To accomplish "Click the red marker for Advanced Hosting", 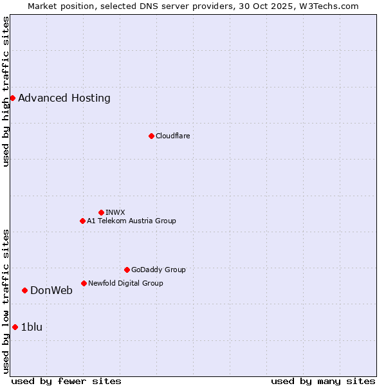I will pyautogui.click(x=12, y=98).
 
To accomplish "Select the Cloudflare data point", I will pyautogui.click(x=151, y=136).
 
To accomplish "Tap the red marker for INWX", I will pyautogui.click(x=101, y=212).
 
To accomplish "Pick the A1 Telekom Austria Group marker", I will pyautogui.click(x=82, y=221).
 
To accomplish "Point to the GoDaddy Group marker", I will pyautogui.click(x=127, y=270).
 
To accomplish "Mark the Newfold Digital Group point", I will pyautogui.click(x=84, y=283).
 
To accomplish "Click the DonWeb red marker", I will pyautogui.click(x=24, y=290).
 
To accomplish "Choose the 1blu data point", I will pyautogui.click(x=15, y=327).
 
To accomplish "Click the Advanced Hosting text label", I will pyautogui.click(x=64, y=98).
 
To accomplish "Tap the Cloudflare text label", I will pyautogui.click(x=172, y=136).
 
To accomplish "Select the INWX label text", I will pyautogui.click(x=115, y=212).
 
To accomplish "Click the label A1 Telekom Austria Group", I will pyautogui.click(x=131, y=221).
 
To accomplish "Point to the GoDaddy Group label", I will pyautogui.click(x=158, y=270).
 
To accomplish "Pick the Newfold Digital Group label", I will pyautogui.click(x=125, y=283).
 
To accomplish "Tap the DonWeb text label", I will pyautogui.click(x=51, y=290).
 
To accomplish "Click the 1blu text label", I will pyautogui.click(x=32, y=327).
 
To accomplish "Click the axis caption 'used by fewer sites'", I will pyautogui.click(x=66, y=381).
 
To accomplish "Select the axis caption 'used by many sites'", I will pyautogui.click(x=323, y=381).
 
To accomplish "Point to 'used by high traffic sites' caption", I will pyautogui.click(x=6, y=91).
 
